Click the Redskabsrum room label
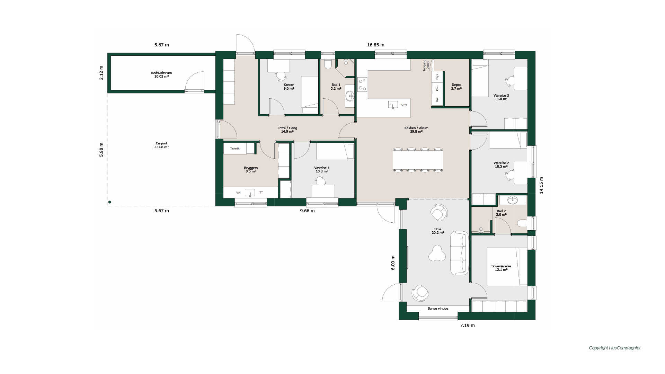161,73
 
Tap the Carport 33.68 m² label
161,145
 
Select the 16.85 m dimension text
375,45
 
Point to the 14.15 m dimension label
541,185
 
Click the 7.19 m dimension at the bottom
467,325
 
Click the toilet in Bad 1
328,64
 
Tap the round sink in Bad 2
512,200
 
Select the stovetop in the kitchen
362,84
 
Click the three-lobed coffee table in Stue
437,253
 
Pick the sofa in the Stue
460,253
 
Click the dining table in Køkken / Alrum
418,160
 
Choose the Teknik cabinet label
235,149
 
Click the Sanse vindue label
438,309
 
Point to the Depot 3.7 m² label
456,87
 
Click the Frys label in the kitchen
437,77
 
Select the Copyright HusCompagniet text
615,348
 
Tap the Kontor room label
289,85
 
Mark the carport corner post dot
109,202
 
